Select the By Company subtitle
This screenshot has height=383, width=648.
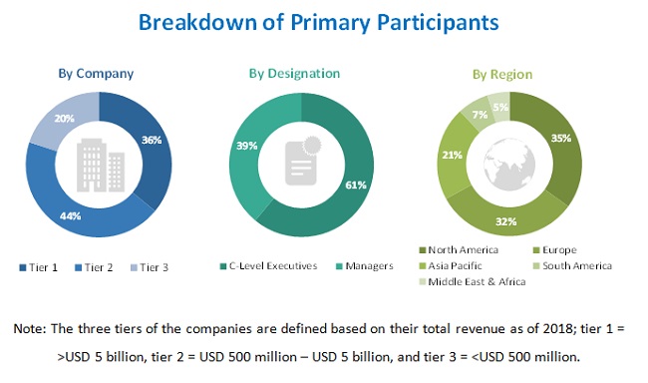97,73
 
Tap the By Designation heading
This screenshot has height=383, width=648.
295,73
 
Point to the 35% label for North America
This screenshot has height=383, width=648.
561,139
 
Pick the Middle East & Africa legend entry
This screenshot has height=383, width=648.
475,281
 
